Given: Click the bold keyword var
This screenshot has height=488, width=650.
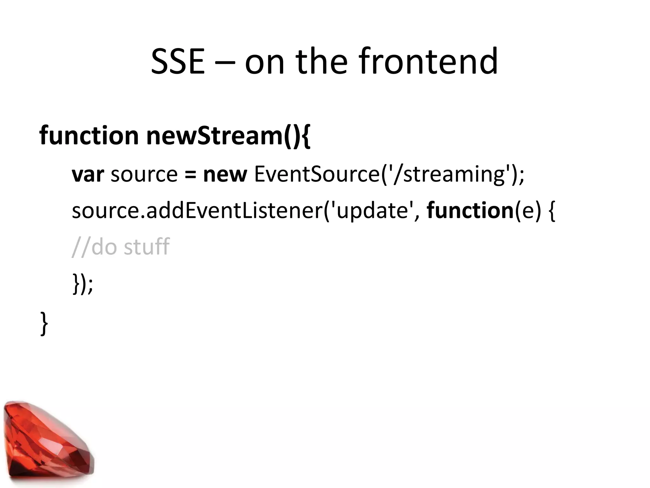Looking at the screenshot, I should [88, 175].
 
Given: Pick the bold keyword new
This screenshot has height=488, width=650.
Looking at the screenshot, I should [225, 175].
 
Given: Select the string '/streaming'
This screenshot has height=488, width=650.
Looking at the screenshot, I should [448, 175].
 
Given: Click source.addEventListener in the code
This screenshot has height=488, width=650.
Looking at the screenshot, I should [197, 211].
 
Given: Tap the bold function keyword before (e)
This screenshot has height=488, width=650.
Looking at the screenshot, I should [470, 211].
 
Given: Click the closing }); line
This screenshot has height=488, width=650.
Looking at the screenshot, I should [83, 283].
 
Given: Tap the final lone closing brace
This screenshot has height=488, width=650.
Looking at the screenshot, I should [44, 323].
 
